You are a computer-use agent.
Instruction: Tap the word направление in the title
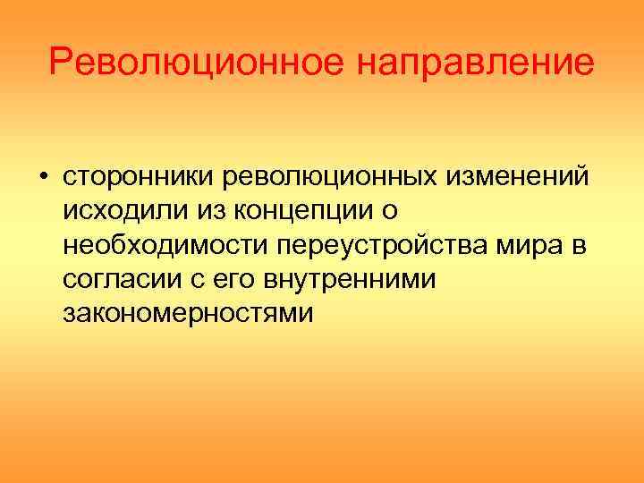pyautogui.click(x=475, y=64)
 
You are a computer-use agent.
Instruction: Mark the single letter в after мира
pyautogui.click(x=580, y=246)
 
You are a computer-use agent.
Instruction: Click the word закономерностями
pyautogui.click(x=189, y=315)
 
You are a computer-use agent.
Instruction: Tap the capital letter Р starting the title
pyautogui.click(x=60, y=63)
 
